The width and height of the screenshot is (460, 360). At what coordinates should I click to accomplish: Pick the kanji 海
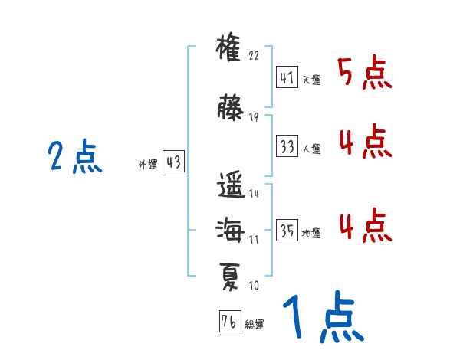click(x=230, y=229)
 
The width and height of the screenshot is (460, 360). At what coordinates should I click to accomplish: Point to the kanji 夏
click(x=230, y=273)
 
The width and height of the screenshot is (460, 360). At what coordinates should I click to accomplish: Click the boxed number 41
click(x=287, y=78)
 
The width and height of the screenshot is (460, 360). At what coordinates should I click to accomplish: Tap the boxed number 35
click(x=287, y=231)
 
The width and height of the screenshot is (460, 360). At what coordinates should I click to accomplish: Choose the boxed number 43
click(x=173, y=162)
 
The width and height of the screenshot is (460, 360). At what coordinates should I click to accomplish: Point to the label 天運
click(x=311, y=80)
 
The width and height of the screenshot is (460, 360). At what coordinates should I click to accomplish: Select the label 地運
click(x=311, y=233)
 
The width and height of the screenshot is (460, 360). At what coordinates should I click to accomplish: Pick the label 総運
click(x=255, y=325)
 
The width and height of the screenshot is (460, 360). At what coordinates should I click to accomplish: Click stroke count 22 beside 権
click(x=255, y=56)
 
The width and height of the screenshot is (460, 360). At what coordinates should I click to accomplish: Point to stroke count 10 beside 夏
click(x=254, y=286)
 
